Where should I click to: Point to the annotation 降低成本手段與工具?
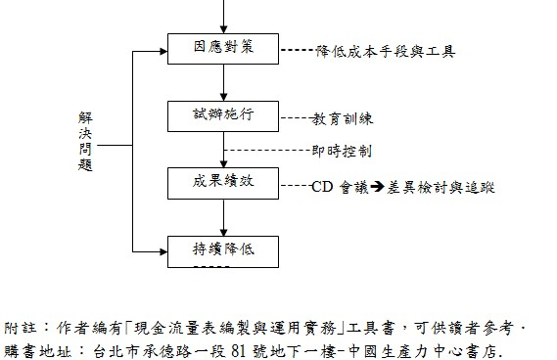coord(385,50)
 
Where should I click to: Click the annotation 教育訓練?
coord(343,118)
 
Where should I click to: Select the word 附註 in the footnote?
coord(20,326)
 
